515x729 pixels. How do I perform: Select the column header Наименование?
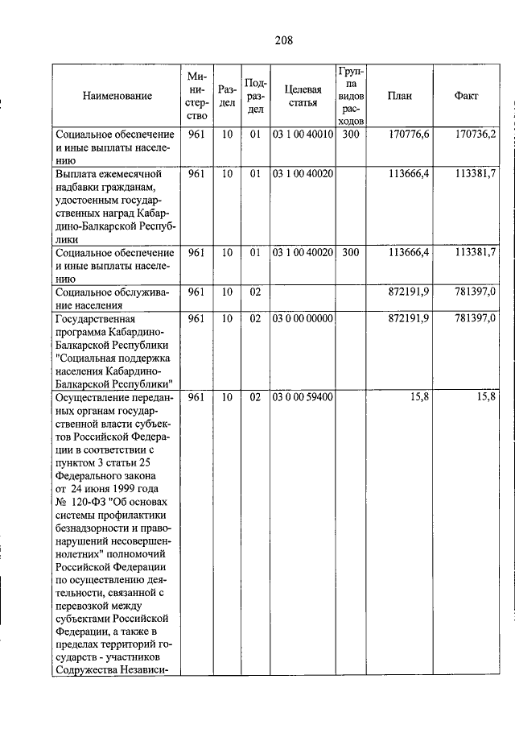117,96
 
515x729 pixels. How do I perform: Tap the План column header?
399,96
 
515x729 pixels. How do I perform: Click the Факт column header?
466,96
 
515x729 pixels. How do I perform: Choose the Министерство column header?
197,96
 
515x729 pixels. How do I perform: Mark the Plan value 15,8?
419,397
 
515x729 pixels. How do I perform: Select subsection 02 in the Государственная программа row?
255,319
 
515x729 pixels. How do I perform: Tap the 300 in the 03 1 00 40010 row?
350,135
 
